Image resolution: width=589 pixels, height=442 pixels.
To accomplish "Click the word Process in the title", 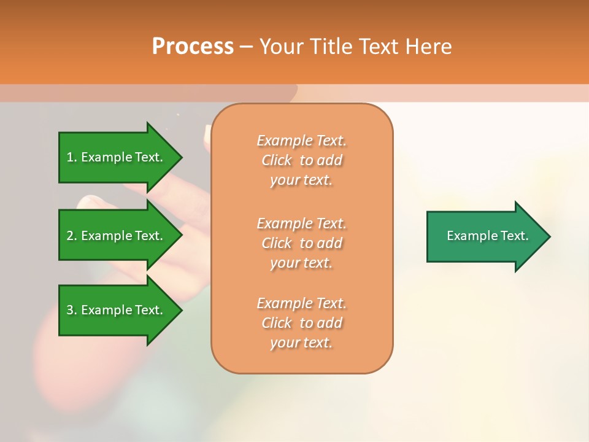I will (x=193, y=47).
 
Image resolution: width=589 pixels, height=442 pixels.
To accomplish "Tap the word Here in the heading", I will (x=428, y=47).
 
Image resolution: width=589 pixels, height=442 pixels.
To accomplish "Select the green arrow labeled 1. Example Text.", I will (x=117, y=157).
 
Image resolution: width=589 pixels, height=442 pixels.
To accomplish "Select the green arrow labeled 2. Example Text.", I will (x=117, y=236).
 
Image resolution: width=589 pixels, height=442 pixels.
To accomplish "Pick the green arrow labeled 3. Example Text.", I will (x=117, y=310).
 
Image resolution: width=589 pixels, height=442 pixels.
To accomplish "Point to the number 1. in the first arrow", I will (x=71, y=157).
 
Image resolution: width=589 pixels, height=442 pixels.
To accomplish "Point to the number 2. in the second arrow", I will (x=71, y=236).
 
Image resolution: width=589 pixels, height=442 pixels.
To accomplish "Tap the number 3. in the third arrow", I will (x=71, y=310).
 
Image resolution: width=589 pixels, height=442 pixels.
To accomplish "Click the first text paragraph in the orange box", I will (x=301, y=160).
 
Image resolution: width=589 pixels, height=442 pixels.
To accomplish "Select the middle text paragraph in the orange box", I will (x=301, y=243).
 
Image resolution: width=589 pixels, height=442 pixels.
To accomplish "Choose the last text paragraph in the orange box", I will (x=301, y=323).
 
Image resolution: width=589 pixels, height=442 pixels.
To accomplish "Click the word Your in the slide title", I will (x=280, y=47).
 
